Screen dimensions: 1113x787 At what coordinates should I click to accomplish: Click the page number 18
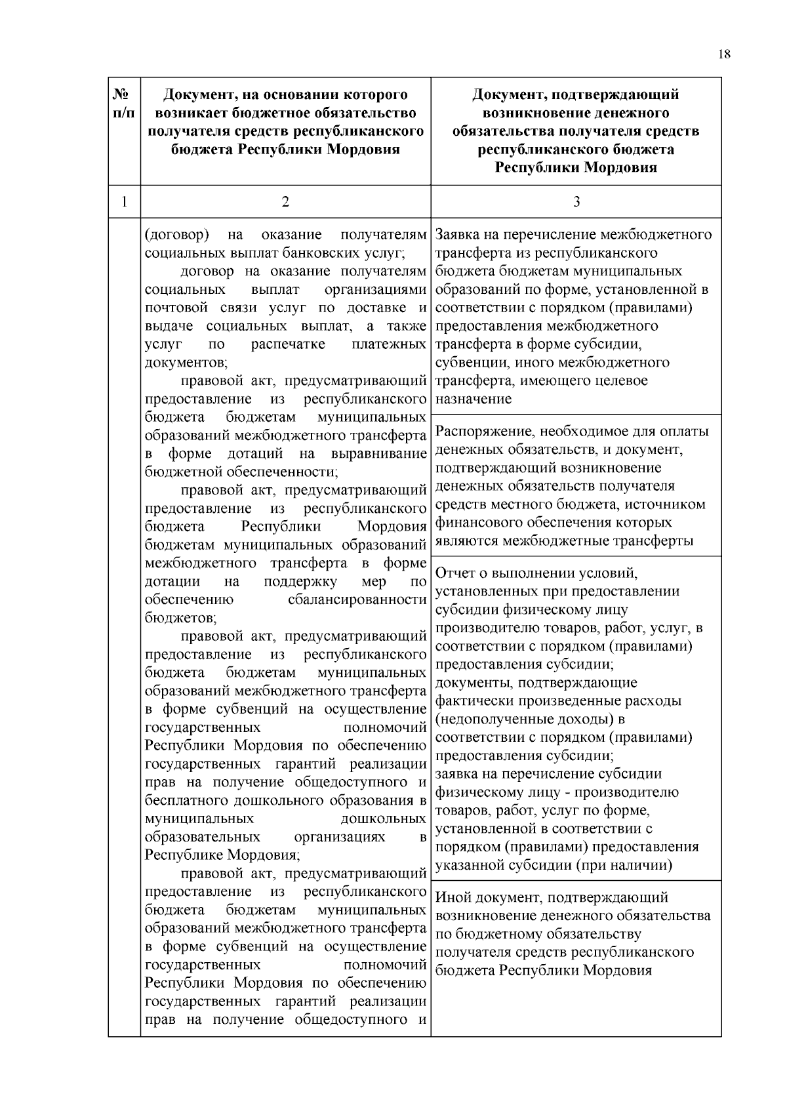[x=724, y=54]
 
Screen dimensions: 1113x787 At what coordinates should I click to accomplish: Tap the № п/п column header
[x=124, y=104]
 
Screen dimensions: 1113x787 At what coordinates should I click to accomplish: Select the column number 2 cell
[x=285, y=202]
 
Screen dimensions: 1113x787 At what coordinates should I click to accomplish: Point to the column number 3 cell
[x=576, y=202]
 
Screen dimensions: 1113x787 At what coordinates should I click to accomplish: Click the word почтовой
[x=175, y=308]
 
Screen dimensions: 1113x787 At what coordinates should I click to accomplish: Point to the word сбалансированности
[x=357, y=599]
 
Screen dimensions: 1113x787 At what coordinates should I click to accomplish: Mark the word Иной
[x=452, y=897]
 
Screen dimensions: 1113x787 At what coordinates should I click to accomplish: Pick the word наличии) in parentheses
[x=646, y=864]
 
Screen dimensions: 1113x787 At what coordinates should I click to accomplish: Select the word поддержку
[x=300, y=581]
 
